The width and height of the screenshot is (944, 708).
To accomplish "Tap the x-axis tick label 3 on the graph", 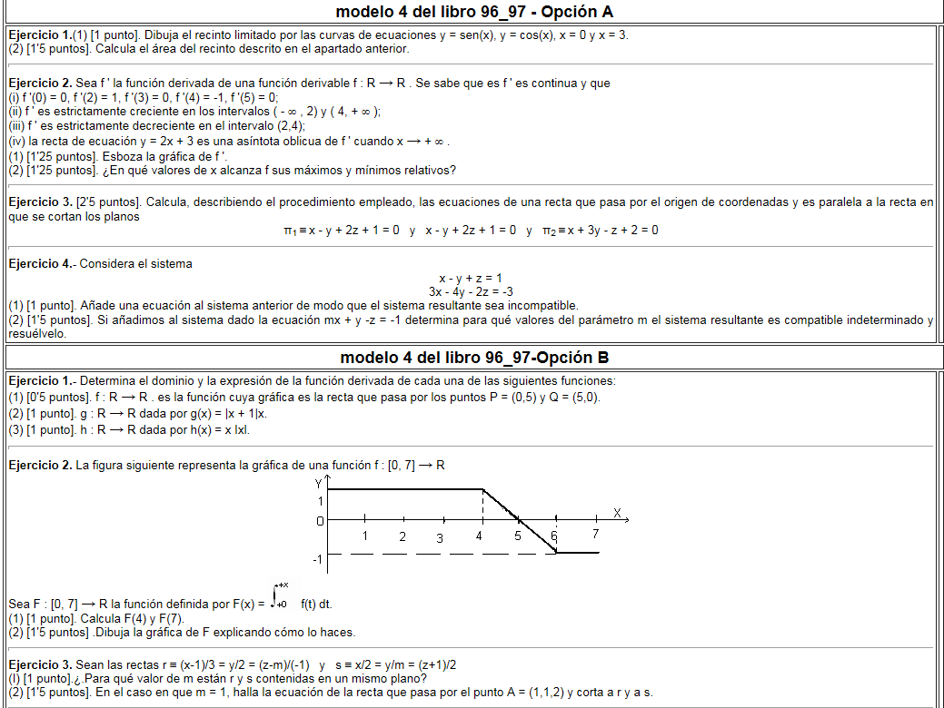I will click(439, 537).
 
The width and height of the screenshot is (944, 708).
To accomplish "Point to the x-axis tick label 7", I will click(595, 535).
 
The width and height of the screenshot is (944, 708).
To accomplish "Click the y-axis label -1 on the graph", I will click(316, 559).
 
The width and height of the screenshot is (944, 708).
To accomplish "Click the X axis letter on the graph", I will click(617, 513).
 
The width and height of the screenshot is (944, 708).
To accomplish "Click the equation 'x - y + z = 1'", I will click(470, 279).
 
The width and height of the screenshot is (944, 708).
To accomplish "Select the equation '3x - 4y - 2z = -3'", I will click(470, 291).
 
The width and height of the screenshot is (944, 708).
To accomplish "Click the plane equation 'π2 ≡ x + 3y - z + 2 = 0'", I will click(600, 231).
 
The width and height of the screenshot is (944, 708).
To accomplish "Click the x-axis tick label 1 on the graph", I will click(364, 536).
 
